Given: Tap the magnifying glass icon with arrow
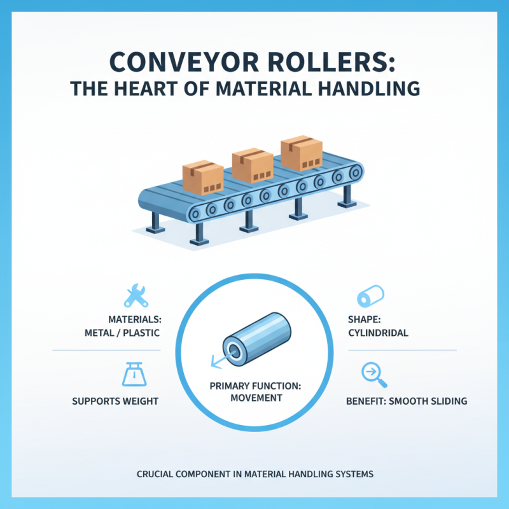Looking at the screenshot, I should (x=371, y=373).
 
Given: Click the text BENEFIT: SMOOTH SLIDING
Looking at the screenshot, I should (x=407, y=401).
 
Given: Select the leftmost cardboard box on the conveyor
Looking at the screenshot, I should (x=202, y=176).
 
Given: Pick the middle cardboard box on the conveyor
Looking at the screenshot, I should (x=252, y=165).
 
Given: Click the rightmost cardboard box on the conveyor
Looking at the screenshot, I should (x=302, y=153).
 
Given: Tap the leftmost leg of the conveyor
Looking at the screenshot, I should (x=155, y=222).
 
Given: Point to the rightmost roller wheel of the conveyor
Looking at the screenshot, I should (x=358, y=171).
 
